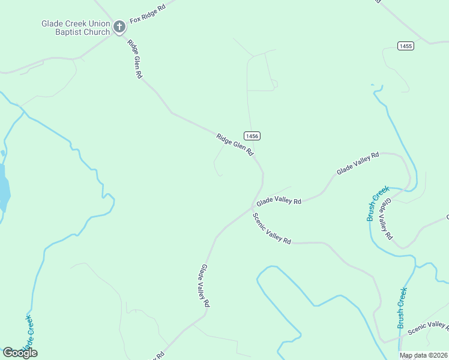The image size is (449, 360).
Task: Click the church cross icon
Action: [x=119, y=26]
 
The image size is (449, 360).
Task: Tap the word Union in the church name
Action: [x=96, y=23]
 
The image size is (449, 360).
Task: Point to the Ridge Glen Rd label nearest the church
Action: [x=135, y=59]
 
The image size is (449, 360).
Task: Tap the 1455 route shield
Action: [x=405, y=46]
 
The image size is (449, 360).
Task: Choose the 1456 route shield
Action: [x=252, y=136]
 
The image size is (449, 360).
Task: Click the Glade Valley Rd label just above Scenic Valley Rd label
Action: [x=279, y=200]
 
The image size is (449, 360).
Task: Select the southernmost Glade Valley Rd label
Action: [x=205, y=286]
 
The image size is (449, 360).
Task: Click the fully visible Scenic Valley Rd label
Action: [x=271, y=229]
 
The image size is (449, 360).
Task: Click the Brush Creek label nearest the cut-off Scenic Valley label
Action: [x=402, y=308]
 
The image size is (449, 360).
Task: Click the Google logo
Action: [x=20, y=352]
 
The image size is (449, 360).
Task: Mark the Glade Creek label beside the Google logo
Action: [x=27, y=333]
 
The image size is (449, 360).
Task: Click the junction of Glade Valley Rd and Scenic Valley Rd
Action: [x=252, y=208]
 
